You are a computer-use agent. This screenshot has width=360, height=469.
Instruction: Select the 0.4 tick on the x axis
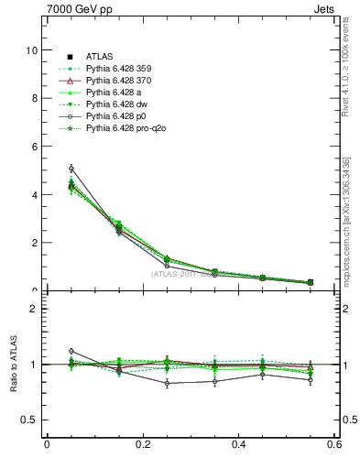pyautogui.click(x=239, y=445)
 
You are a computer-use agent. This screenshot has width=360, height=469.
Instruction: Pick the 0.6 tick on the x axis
pyautogui.click(x=334, y=445)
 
